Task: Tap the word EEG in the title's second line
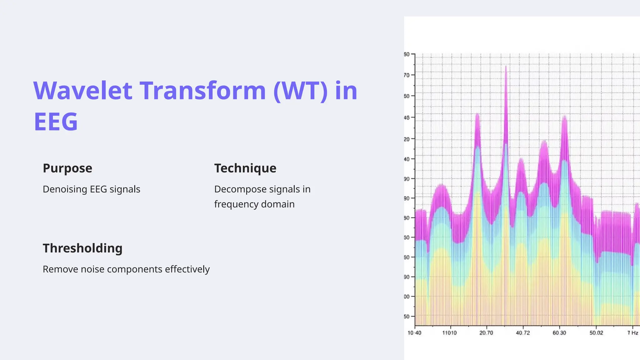pos(56,122)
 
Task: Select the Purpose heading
pos(67,168)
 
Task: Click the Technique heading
pos(245,168)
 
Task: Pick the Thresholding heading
pos(82,248)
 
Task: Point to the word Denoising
pos(65,189)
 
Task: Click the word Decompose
pos(240,189)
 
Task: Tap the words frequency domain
pos(254,204)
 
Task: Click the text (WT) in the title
pos(300,91)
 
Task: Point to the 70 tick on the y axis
pos(407,75)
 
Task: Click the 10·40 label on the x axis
pos(414,333)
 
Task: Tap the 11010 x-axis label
pos(449,333)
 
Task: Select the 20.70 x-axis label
pos(486,333)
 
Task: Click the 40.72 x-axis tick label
pos(523,333)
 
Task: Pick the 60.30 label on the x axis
pos(559,333)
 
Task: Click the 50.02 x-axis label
pos(596,333)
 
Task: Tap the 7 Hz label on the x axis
pos(632,333)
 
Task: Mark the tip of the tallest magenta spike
pos(506,66)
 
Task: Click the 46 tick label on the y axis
pos(407,118)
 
